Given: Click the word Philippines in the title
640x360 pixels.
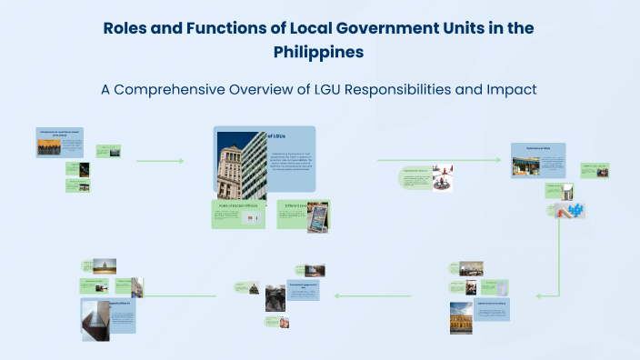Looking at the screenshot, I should (319, 52).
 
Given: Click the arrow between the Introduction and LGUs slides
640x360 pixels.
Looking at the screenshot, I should (160, 161).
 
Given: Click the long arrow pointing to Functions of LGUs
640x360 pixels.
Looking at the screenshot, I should (439, 160).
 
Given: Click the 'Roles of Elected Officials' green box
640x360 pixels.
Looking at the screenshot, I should (238, 215).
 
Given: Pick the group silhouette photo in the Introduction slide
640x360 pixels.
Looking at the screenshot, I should (49, 145).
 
